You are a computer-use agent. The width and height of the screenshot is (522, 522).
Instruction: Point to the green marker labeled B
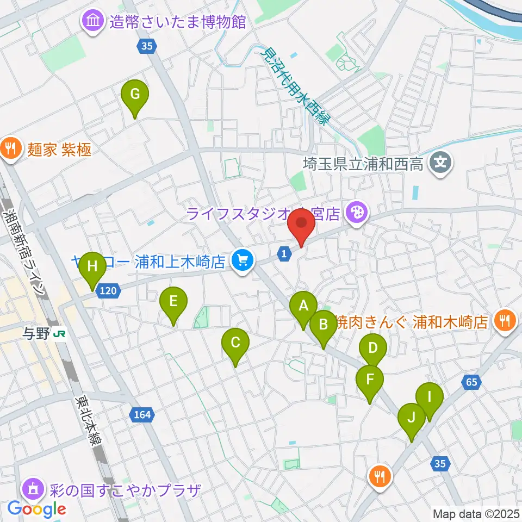(x=324, y=326)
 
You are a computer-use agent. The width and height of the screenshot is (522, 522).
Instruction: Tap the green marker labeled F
(x=370, y=379)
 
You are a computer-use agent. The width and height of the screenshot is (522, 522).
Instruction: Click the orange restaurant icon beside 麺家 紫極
(x=10, y=147)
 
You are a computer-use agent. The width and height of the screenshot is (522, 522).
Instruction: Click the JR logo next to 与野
(x=59, y=333)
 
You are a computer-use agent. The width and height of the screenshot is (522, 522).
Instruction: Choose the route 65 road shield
(x=471, y=382)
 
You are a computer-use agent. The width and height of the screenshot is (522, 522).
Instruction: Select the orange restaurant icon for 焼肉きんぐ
(x=505, y=321)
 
